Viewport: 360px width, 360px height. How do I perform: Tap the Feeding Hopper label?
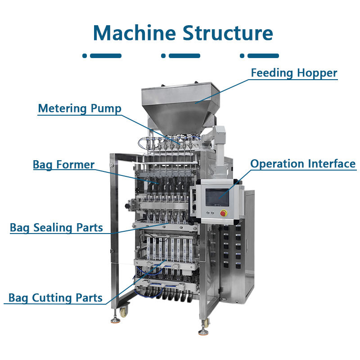(294, 73)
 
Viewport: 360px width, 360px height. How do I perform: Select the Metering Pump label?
(80, 108)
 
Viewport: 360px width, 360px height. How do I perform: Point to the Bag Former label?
(63, 165)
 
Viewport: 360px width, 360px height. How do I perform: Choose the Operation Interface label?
(303, 164)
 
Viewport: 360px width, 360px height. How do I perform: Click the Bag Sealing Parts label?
(56, 228)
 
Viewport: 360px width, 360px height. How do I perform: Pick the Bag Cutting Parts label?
(55, 298)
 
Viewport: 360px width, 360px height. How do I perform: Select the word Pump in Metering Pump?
(106, 108)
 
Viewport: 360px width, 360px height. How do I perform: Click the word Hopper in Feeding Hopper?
(319, 73)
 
